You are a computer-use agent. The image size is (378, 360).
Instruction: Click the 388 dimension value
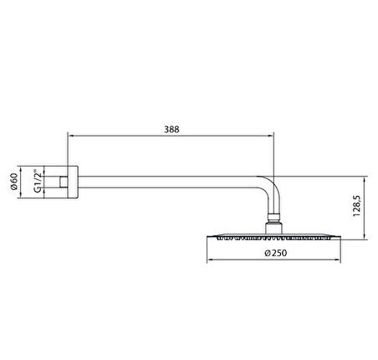tap(171, 130)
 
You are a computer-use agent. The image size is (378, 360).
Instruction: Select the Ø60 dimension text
tap(14, 182)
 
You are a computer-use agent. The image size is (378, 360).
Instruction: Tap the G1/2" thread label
tap(38, 181)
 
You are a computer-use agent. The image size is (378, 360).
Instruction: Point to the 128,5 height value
tap(357, 206)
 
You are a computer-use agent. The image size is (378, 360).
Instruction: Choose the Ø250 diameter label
tap(275, 253)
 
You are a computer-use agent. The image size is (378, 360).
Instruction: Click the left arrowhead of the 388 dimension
tap(71, 136)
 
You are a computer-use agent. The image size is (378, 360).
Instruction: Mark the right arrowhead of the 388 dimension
tap(271, 136)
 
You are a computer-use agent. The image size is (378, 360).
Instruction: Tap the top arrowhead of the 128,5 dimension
tap(365, 179)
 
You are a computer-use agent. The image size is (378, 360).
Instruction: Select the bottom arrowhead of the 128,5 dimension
tap(365, 236)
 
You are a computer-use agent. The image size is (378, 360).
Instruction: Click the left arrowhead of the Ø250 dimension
tap(210, 260)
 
